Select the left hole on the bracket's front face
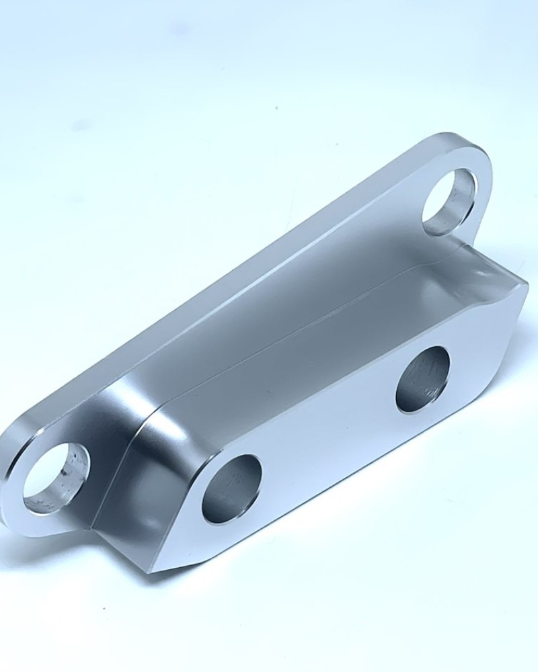(x=231, y=489)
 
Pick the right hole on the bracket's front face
(x=423, y=379)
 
